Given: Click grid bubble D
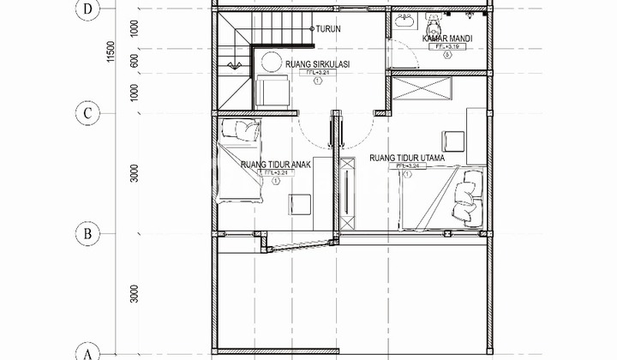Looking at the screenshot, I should tap(87, 11).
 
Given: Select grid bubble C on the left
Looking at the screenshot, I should tap(87, 111).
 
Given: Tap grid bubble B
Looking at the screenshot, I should tap(87, 232).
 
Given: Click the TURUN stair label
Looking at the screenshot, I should tap(328, 29).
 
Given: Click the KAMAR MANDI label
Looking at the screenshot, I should tap(447, 39).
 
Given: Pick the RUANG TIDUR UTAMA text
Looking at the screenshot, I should tap(409, 159).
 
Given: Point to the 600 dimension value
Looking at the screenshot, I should tap(135, 62).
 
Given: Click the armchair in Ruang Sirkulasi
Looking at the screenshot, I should tap(273, 90).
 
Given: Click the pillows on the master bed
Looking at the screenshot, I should tap(470, 196).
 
